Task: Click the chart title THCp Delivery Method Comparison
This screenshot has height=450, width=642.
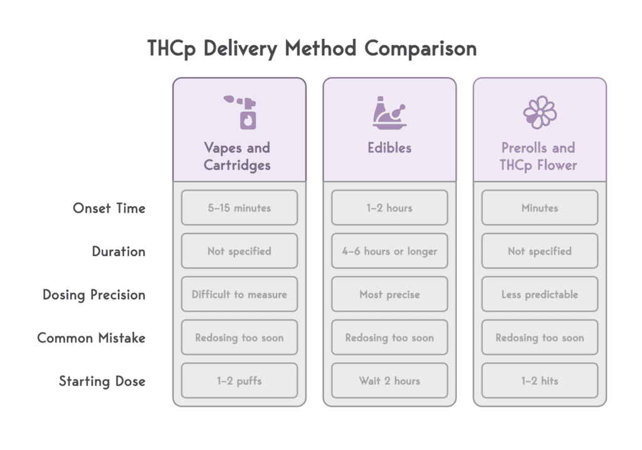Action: click(312, 48)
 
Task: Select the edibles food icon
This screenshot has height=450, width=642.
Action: click(389, 113)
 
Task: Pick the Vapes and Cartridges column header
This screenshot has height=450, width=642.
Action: click(237, 156)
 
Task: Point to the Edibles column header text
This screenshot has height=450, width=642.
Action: click(389, 148)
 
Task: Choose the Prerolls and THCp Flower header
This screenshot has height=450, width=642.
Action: click(539, 156)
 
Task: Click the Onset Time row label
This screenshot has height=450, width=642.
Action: click(109, 208)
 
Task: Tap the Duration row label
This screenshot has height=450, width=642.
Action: click(118, 252)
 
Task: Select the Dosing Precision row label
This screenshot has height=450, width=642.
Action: click(94, 294)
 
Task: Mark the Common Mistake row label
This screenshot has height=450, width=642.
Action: click(92, 338)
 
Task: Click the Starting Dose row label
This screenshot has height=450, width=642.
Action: click(102, 381)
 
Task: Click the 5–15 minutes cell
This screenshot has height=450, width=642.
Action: click(239, 208)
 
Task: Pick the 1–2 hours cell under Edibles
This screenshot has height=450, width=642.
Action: click(389, 208)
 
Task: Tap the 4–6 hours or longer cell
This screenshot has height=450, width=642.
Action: click(389, 251)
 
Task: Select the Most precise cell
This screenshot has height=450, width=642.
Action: click(389, 294)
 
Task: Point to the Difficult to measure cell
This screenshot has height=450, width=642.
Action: click(239, 294)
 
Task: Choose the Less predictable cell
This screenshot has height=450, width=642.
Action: click(540, 294)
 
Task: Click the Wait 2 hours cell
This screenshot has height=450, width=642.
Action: click(389, 381)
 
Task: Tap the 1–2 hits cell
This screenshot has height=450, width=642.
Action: click(540, 381)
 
